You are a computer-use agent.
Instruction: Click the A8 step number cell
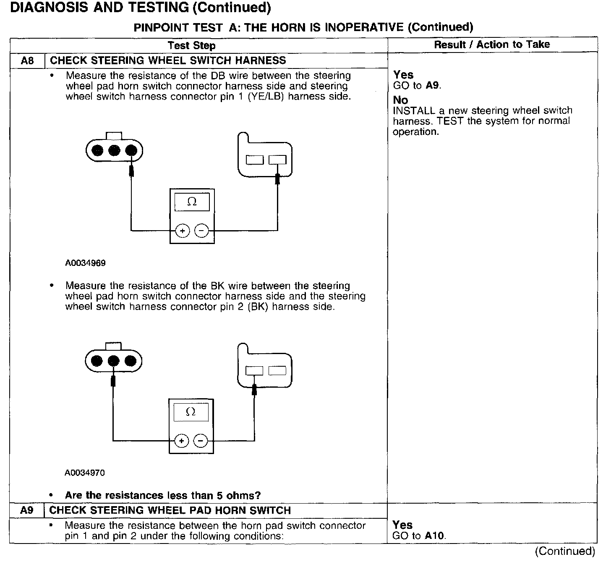27,61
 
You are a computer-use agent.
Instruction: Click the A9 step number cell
27,511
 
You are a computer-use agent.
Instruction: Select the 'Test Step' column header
191,45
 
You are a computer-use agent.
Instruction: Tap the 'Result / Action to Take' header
492,45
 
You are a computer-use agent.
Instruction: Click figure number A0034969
85,263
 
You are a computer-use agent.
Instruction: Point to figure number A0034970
84,473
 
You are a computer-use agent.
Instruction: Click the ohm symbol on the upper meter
192,202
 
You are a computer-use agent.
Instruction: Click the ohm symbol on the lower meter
191,412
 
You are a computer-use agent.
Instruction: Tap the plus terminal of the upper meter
182,231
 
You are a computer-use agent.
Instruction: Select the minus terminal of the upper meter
202,231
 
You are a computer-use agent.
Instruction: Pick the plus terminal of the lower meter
181,441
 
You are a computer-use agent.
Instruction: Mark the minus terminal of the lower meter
201,441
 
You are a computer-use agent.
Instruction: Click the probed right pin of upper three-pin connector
131,150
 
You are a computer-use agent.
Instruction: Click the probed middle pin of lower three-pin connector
113,361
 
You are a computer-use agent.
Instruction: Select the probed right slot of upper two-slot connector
277,160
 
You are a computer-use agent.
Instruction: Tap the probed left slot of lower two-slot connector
254,370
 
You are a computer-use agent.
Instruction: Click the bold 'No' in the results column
400,100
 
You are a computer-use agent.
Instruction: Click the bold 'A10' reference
435,536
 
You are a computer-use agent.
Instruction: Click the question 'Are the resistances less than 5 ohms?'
163,496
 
